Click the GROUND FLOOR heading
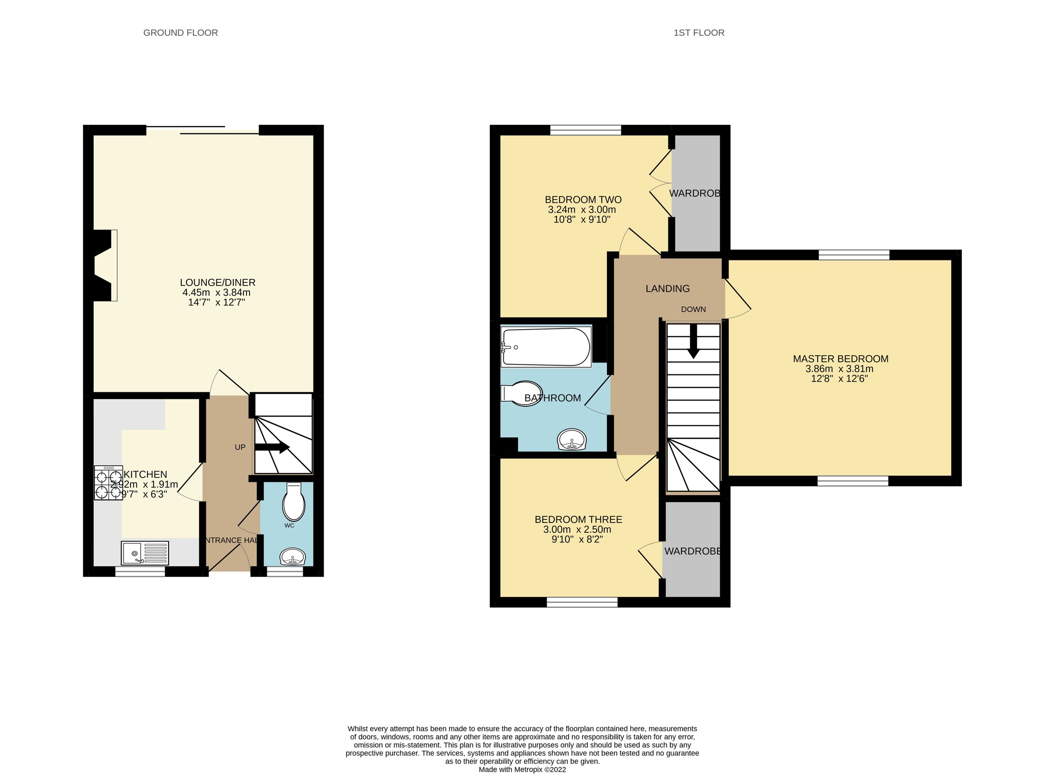point(180,33)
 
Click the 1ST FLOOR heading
point(699,33)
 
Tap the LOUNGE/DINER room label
point(217,283)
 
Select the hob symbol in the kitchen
point(108,483)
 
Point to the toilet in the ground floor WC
point(294,503)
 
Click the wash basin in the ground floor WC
point(293,558)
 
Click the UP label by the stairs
point(240,448)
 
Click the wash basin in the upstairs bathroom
point(572,440)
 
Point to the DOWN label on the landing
point(693,309)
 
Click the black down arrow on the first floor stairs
point(693,342)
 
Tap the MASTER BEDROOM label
point(840,359)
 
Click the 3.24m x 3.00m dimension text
point(582,210)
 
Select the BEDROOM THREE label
point(578,520)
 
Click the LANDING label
point(667,289)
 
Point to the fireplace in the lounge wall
point(104,265)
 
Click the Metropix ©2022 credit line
point(522,769)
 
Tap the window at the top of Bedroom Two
point(585,130)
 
